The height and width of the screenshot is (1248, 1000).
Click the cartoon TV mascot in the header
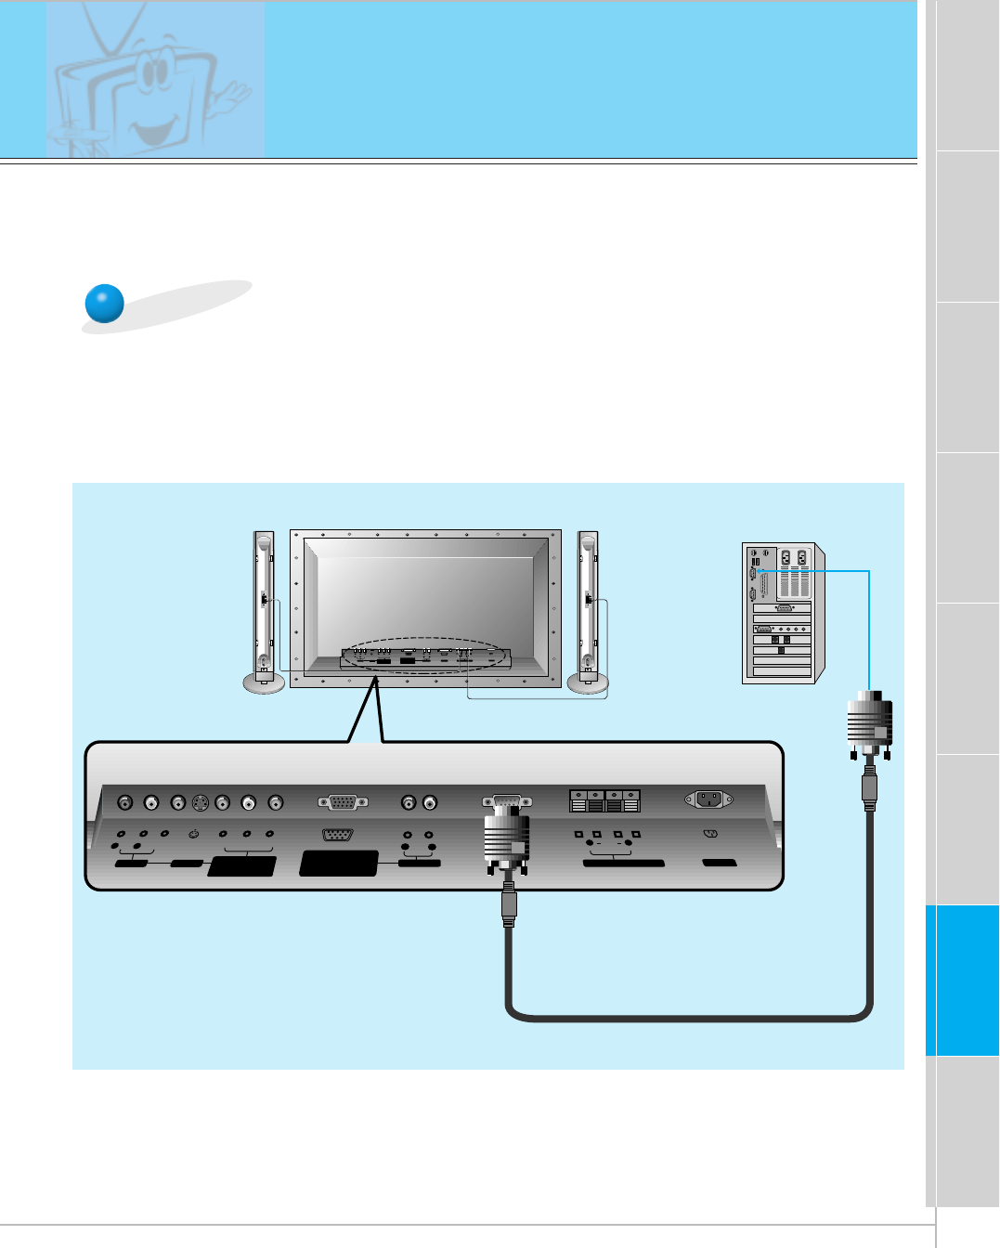[149, 84]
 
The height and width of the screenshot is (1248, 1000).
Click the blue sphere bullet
[104, 303]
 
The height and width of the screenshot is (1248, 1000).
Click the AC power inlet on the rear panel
[708, 799]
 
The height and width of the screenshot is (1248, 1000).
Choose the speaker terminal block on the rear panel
[604, 800]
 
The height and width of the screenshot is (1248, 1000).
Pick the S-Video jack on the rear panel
[200, 802]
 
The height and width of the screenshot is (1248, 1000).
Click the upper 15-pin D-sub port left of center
[342, 802]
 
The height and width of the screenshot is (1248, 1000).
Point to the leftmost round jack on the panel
[125, 802]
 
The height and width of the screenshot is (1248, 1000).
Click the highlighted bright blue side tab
[962, 980]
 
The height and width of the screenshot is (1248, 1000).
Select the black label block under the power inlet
[720, 864]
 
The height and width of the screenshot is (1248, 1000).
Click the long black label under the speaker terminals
[623, 864]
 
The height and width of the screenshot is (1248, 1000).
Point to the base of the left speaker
[264, 683]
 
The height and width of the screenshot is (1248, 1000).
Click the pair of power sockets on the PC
[794, 558]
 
